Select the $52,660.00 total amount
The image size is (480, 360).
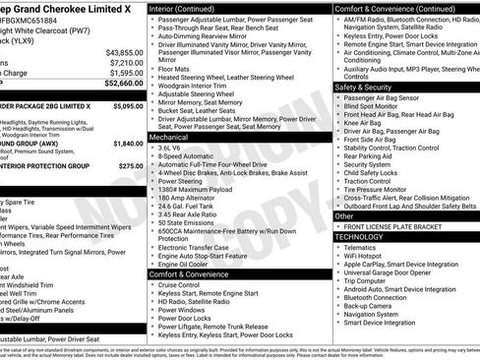pyautogui.click(x=123, y=84)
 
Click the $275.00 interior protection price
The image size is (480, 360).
pyautogui.click(x=131, y=166)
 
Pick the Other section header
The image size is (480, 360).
pyautogui.click(x=345, y=215)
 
